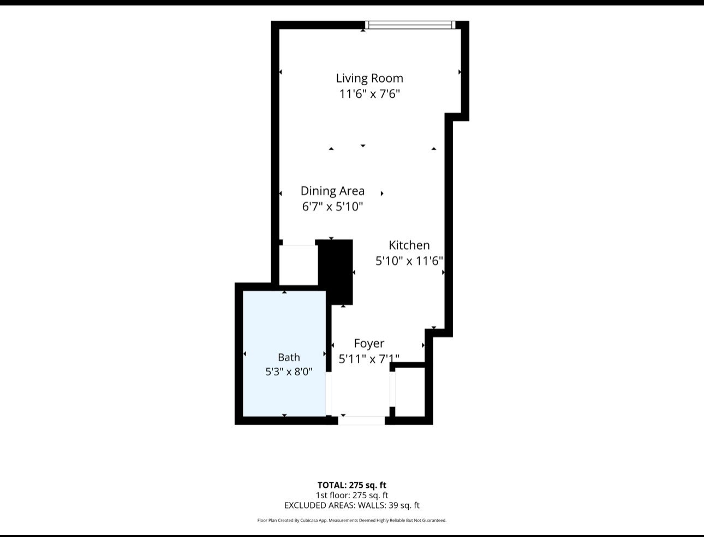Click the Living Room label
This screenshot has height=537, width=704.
369,78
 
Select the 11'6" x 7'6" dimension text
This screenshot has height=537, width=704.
369,94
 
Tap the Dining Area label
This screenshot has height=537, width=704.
332,191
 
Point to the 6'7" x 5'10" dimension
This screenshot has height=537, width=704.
332,206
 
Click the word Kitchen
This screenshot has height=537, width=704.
409,245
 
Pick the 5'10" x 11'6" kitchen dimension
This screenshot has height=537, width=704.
409,261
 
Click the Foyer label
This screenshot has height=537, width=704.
369,344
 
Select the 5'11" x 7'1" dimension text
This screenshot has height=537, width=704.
369,359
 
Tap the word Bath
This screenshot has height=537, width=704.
289,357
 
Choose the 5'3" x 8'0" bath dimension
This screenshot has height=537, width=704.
289,371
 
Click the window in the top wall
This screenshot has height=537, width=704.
410,25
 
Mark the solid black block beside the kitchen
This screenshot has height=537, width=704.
336,272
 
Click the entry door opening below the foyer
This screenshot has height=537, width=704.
361,421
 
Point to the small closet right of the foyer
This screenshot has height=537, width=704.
410,392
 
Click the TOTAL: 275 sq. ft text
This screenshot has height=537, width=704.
352,485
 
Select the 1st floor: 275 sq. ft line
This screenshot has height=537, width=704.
352,495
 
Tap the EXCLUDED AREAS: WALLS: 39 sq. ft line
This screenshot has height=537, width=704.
352,505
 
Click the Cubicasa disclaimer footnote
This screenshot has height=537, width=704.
352,520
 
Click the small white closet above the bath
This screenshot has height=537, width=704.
299,265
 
